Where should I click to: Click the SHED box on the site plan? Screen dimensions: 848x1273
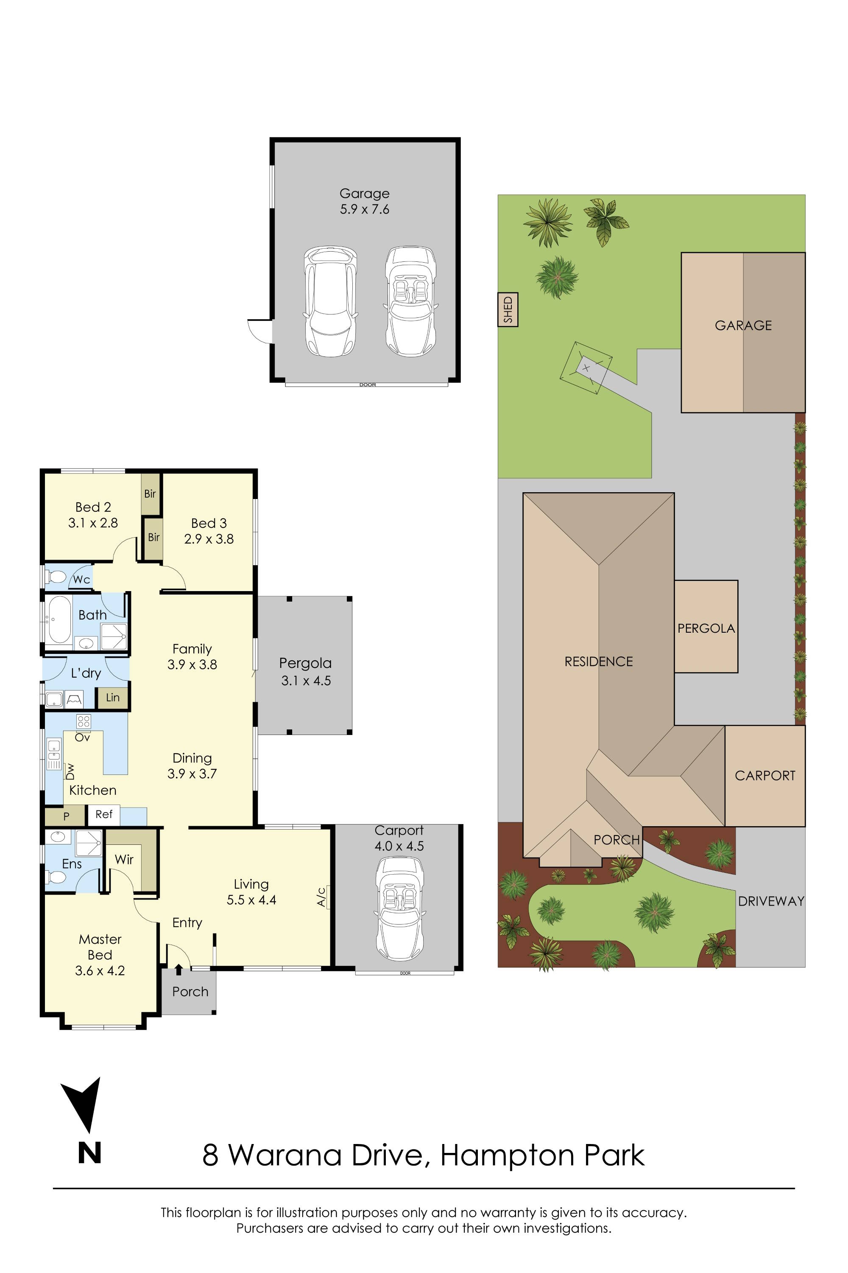coord(508,310)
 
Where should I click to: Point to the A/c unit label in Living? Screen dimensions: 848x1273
coord(321,897)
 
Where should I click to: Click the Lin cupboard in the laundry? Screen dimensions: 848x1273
coord(112,698)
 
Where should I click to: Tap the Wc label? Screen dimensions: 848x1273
coord(81,580)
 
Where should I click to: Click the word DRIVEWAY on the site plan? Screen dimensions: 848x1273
coord(771,901)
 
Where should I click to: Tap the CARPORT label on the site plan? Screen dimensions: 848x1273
coord(765,776)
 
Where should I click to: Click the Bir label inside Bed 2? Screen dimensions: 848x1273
coord(150,493)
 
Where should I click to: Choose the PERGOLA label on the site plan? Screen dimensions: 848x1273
coord(706,628)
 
